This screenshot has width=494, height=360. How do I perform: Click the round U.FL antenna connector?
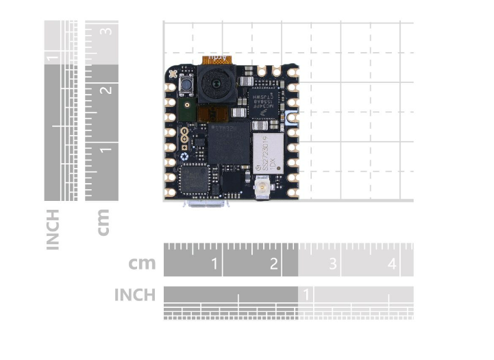tap(261, 187)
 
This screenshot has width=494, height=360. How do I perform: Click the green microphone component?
tap(186, 108)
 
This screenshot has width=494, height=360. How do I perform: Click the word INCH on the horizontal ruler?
tap(135, 295)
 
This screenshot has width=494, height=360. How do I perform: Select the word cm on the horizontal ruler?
tap(142, 263)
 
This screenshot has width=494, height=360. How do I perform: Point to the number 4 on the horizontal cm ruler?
tap(392, 264)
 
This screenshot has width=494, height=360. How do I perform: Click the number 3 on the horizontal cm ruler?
tap(332, 264)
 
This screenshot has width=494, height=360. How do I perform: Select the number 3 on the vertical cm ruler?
tap(106, 31)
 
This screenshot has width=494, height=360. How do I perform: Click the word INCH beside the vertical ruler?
tap(53, 229)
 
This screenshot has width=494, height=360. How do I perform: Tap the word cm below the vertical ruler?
tap(103, 222)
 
